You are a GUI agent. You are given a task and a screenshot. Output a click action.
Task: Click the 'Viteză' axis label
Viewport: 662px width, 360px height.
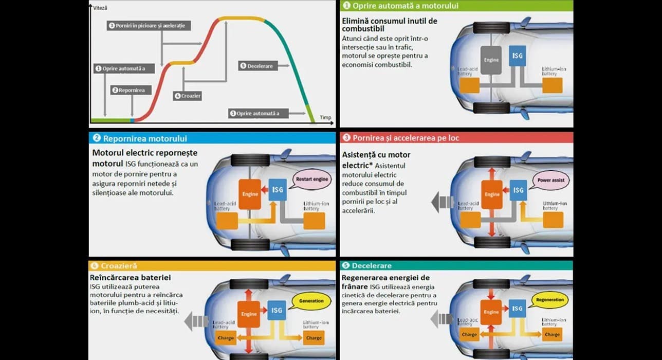pos(101,8)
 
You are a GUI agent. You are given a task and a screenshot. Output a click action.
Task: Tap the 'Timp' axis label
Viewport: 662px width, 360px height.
pos(325,117)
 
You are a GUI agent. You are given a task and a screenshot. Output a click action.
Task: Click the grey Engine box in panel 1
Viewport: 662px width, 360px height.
pos(491,60)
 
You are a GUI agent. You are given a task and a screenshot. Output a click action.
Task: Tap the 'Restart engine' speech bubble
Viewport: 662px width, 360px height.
pos(312,179)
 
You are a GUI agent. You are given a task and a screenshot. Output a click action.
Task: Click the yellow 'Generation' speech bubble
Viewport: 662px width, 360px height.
pos(311,301)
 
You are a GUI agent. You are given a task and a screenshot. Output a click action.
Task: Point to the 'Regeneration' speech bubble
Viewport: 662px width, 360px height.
pos(550,299)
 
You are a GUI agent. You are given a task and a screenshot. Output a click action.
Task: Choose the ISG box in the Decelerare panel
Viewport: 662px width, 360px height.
pos(518,309)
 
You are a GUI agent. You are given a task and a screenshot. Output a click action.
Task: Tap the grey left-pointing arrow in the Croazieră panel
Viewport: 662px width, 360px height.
pos(197,322)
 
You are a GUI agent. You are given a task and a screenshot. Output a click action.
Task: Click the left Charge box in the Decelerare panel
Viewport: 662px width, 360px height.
pos(469,334)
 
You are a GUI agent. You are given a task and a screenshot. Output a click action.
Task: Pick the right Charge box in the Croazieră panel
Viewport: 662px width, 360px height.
pos(314,338)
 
